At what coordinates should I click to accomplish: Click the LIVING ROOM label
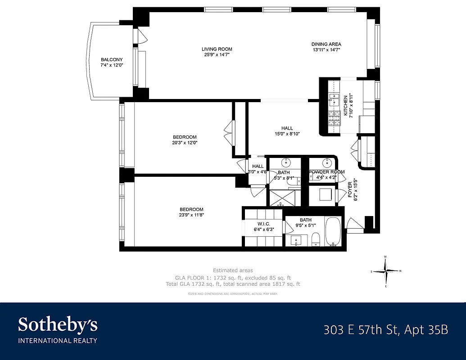pos(217,49)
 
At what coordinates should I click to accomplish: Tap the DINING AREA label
pos(326,44)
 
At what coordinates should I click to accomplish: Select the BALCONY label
pos(112,60)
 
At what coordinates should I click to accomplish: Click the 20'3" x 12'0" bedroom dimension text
pos(185,143)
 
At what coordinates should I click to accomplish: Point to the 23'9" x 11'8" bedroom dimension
pos(191,215)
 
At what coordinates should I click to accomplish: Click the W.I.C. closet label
pos(263,224)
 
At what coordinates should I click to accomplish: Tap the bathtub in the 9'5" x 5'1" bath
pos(334,232)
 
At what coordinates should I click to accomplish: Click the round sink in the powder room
pos(326,162)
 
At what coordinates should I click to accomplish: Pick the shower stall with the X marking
pos(281,198)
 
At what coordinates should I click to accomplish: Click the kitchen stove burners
pos(334,118)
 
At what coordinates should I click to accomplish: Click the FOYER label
pos(350,189)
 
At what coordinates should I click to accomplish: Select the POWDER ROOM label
pos(326,172)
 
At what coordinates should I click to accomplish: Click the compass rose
pos(386,271)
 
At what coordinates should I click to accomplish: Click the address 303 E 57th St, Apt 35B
pos(386,330)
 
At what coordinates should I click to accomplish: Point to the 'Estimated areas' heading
pos(233,270)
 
